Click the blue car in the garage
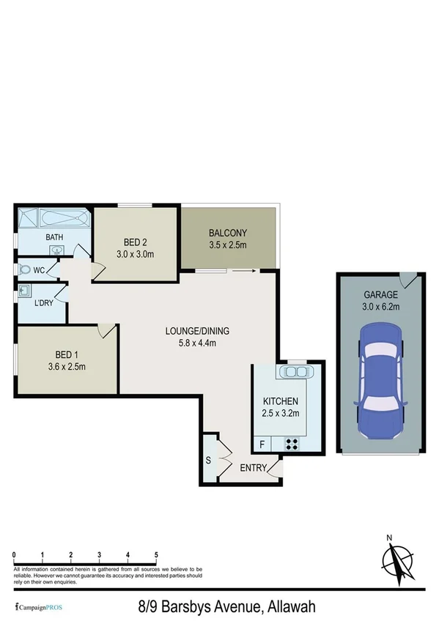[380, 375]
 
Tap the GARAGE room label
[380, 295]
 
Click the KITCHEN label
[281, 401]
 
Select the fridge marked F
[262, 444]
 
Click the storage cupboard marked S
[209, 460]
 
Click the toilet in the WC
[27, 269]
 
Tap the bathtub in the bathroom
[64, 218]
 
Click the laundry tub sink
[25, 289]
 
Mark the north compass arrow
[396, 561]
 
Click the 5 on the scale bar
[156, 554]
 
